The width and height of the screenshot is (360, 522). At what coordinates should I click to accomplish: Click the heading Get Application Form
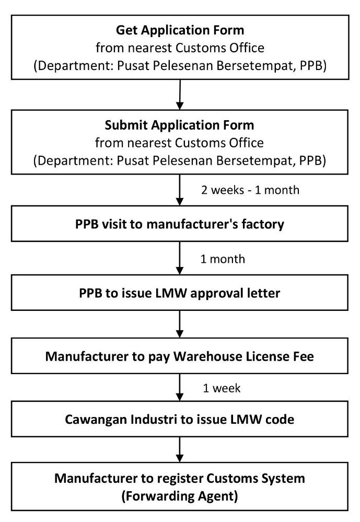tap(180, 30)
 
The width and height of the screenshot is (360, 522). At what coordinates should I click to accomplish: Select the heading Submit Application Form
tap(180, 125)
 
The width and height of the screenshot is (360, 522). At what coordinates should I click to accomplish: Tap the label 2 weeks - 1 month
tap(250, 190)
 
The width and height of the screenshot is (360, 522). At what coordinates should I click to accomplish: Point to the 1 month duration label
tap(223, 259)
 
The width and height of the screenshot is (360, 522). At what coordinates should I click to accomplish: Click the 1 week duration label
tap(222, 388)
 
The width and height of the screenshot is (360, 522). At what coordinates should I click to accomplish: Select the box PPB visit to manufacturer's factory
tap(180, 224)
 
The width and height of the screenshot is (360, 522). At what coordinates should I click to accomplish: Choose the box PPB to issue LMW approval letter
tap(180, 293)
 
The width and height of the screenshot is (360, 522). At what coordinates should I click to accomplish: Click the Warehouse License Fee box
tap(180, 355)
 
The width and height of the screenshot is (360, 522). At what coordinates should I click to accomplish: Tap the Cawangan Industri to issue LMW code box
tap(180, 419)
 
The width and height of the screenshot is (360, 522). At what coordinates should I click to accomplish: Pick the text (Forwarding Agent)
tap(180, 496)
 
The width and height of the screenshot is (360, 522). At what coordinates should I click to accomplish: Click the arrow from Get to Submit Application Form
tap(180, 95)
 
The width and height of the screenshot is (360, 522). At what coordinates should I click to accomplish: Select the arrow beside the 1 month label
tap(180, 258)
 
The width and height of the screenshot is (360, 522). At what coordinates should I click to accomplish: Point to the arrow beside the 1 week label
tap(180, 387)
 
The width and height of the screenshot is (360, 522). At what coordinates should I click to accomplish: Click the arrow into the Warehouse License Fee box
tap(180, 324)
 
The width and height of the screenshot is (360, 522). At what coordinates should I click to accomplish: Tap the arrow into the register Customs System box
tap(180, 449)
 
